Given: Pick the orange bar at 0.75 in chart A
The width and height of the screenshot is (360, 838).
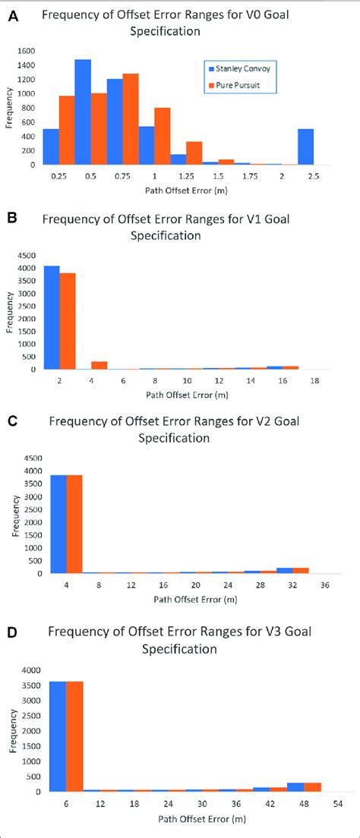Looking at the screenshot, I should click(x=131, y=119).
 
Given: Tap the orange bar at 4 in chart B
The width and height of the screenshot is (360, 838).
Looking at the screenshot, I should click(x=99, y=365).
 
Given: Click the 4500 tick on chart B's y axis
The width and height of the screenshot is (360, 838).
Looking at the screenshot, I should click(x=27, y=256).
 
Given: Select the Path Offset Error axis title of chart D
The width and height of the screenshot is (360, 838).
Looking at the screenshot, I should click(x=190, y=819).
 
